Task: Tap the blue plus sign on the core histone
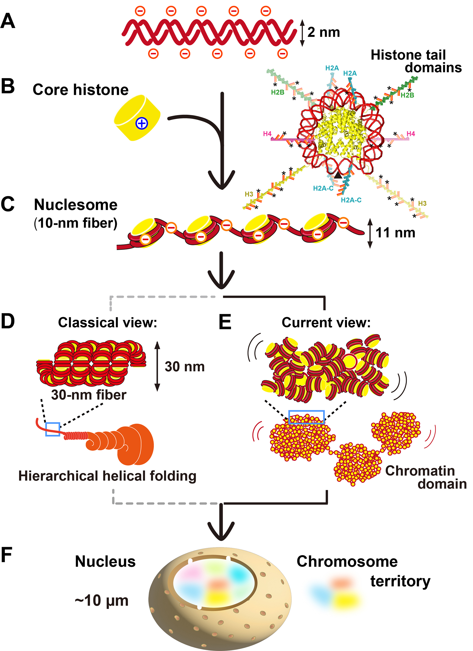point(142,123)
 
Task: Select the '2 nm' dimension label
point(324,32)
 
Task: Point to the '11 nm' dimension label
point(395,233)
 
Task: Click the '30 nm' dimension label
point(184,367)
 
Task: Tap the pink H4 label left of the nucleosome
point(267,134)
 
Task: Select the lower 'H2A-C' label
point(351,200)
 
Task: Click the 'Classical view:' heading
point(108,323)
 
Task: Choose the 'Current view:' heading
point(326,323)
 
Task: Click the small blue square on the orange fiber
point(53,429)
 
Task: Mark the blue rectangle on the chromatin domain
point(306,417)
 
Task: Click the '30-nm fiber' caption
point(89,395)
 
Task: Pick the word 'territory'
point(400,582)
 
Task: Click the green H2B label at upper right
point(407,95)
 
